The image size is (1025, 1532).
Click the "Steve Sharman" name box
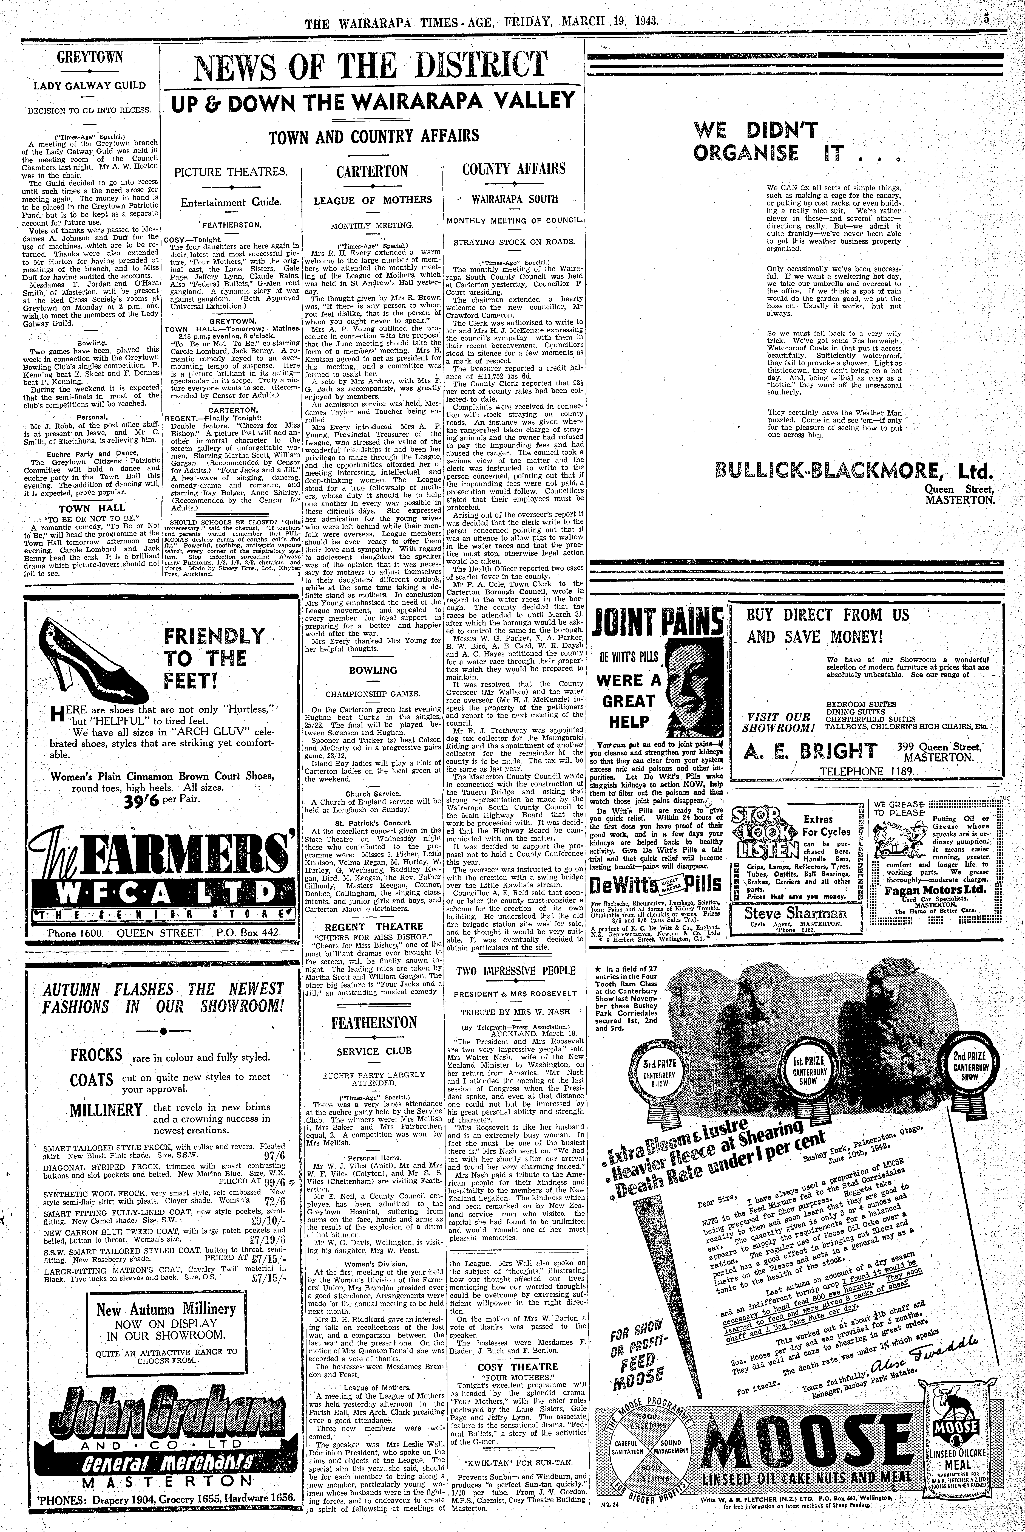[x=785, y=914]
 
